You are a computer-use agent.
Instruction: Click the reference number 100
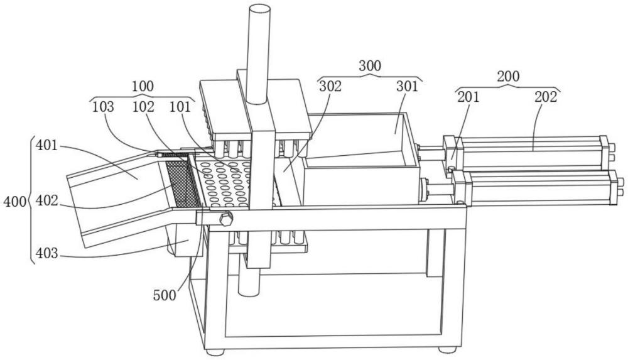(143, 86)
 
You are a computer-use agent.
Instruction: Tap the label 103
(103, 107)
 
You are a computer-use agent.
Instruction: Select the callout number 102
(143, 107)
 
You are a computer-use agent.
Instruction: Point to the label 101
(180, 107)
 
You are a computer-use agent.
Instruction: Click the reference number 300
(370, 65)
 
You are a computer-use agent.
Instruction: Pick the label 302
(330, 86)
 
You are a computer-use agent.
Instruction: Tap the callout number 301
(407, 86)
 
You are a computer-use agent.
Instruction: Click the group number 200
(508, 76)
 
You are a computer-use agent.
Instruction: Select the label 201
(468, 97)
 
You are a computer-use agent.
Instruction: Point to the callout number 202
(546, 97)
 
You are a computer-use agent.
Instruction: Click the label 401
(47, 145)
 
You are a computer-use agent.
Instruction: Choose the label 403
(47, 253)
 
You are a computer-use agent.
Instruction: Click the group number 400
(14, 201)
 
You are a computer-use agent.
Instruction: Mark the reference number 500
(165, 295)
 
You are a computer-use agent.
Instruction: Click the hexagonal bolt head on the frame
(225, 219)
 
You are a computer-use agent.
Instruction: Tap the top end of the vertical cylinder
(259, 8)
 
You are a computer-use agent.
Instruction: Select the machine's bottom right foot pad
(447, 349)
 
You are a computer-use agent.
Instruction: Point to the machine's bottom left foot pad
(215, 352)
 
